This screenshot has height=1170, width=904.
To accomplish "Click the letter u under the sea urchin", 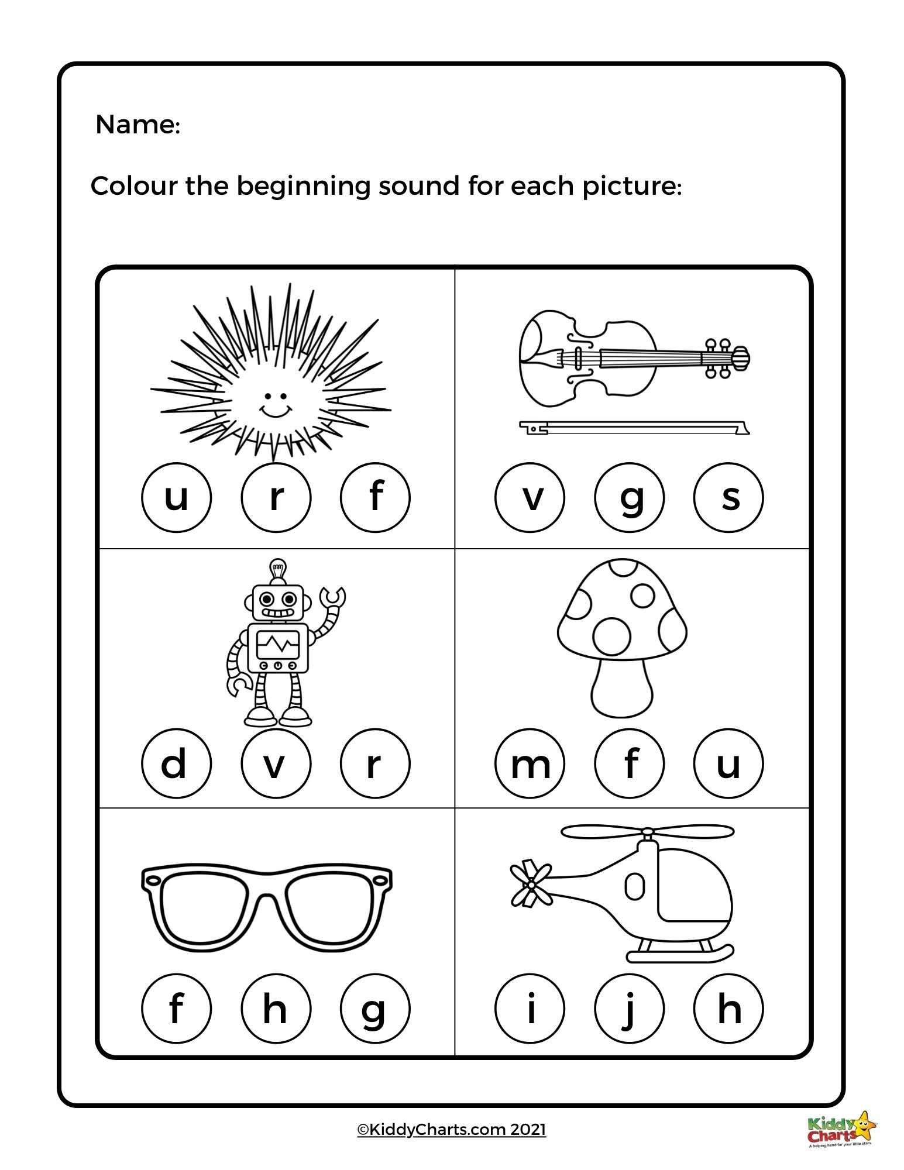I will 176,498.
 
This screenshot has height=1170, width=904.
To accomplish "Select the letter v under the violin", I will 530,498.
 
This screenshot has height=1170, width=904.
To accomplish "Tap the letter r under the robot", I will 375,763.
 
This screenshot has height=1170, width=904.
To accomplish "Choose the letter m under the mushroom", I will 530,763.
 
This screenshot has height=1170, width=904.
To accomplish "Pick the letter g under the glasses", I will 375,1009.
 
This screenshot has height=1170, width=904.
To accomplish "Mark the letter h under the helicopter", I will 728,1009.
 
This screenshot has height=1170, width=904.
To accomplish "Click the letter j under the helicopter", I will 629,1009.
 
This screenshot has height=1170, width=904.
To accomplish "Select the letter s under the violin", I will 728,498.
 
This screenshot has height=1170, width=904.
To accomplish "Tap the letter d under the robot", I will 176,763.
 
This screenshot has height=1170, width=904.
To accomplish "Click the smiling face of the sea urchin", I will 276,404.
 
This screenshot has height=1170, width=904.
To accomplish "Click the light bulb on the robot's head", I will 277,569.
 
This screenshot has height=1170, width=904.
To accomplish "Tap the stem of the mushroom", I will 622,688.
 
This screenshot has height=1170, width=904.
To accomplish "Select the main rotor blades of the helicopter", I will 647,831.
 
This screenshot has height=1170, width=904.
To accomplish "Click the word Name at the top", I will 137,125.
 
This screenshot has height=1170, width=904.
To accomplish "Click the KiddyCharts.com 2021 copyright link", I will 451,1129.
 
